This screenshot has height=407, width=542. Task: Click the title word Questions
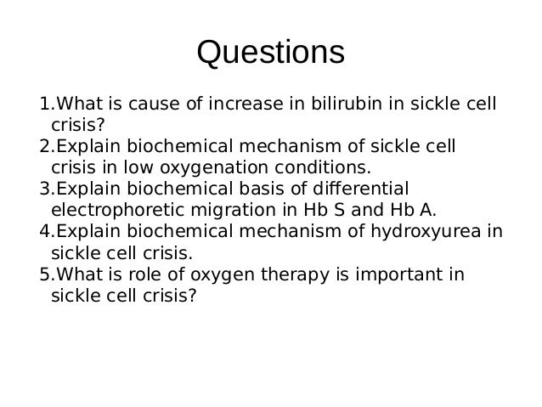271,53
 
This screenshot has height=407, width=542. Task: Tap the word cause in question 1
154,104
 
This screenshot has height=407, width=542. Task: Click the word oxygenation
213,167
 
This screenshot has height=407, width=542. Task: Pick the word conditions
323,167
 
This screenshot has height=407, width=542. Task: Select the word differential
361,189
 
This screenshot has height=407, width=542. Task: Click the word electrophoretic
117,210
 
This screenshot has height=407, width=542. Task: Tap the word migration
234,210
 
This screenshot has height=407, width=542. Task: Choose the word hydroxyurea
426,231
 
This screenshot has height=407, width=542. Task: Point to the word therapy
295,274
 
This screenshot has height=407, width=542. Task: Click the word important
399,274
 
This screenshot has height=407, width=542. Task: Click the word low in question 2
138,167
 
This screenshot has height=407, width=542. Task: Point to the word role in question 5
144,274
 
